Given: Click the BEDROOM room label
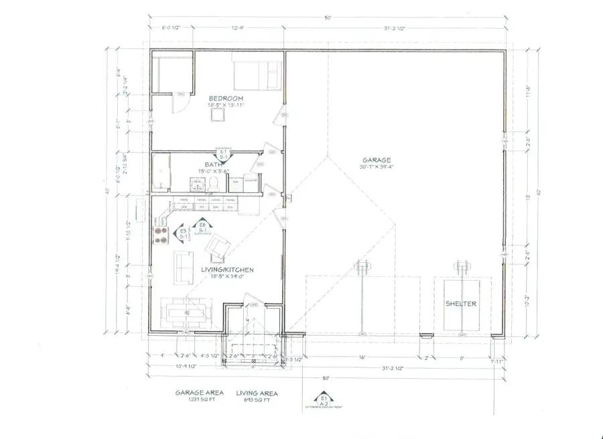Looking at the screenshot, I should pyautogui.click(x=225, y=99).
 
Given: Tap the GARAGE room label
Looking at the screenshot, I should pyautogui.click(x=377, y=160).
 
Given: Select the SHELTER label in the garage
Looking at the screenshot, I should pyautogui.click(x=462, y=304).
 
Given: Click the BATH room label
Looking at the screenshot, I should pyautogui.click(x=214, y=164).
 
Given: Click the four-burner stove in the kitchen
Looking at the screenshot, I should pyautogui.click(x=162, y=235).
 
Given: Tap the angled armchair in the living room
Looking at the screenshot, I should pyautogui.click(x=216, y=249).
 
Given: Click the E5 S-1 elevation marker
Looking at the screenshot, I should pyautogui.click(x=183, y=234).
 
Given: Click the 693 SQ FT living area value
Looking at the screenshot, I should pyautogui.click(x=257, y=400).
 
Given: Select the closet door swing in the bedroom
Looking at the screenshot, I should pyautogui.click(x=179, y=102).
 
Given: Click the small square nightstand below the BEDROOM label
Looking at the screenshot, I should pyautogui.click(x=216, y=115).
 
